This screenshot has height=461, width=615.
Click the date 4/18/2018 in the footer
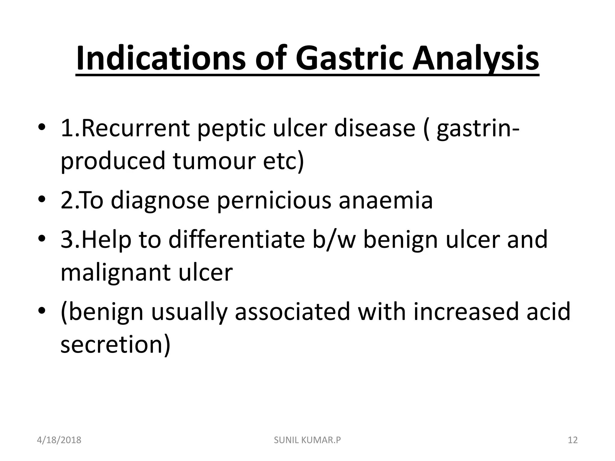click(x=59, y=440)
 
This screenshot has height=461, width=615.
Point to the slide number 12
click(x=573, y=440)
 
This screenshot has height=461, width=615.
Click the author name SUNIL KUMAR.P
click(x=307, y=440)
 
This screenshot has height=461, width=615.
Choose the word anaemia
click(x=386, y=200)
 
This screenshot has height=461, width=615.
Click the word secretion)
click(x=116, y=344)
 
